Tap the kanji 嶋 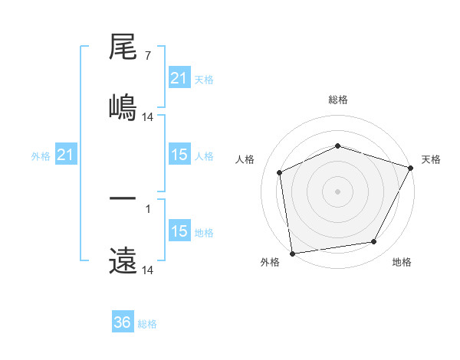(x=123, y=105)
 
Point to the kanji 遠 (x=123, y=261)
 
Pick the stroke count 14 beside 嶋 (x=148, y=116)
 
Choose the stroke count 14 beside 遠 (x=148, y=270)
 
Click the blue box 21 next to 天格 (x=179, y=77)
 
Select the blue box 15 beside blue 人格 (x=179, y=155)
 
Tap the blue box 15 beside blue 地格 (x=179, y=231)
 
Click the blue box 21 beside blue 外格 (x=65, y=155)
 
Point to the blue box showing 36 (x=123, y=322)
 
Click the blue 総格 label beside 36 (x=148, y=324)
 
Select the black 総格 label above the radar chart (x=337, y=100)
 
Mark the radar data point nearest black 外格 (x=292, y=253)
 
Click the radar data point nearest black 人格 (x=280, y=172)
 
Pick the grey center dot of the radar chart (x=337, y=191)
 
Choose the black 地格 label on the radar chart (x=402, y=262)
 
